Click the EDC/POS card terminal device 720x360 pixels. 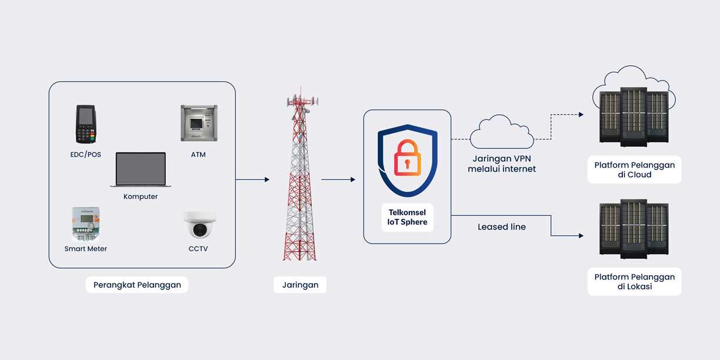point(85,125)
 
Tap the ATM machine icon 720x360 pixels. point(199,123)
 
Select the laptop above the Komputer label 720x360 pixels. point(141,170)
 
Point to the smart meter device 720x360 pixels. point(86,224)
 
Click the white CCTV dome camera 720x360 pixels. point(199,224)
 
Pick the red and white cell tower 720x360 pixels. point(300,176)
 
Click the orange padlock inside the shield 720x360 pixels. point(407,158)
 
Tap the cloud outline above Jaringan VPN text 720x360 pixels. point(502,132)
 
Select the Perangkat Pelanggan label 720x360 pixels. point(137,285)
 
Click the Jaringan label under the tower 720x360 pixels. point(300,285)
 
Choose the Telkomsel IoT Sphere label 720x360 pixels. point(407,217)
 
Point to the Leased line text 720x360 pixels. point(501,227)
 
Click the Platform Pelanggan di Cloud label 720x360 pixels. point(634,170)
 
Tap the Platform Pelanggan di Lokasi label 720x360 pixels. point(634,282)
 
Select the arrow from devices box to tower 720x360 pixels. point(253,179)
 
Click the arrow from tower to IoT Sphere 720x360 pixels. point(338,179)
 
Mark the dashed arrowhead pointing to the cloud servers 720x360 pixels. point(581,115)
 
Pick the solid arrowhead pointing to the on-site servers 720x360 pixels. point(581,236)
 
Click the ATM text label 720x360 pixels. point(198,155)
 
